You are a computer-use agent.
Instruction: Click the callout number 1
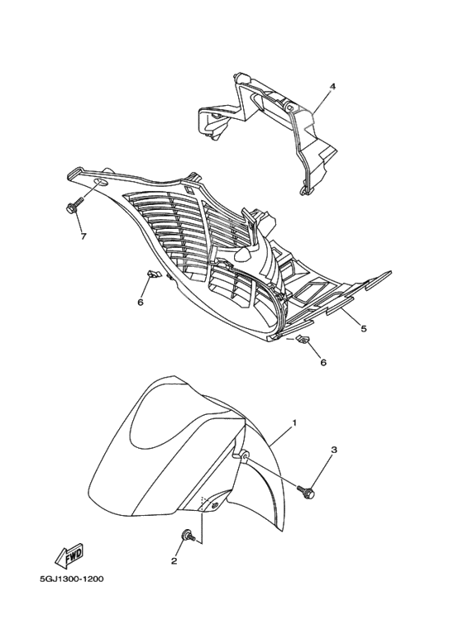(x=294, y=423)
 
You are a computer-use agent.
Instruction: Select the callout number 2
(x=174, y=561)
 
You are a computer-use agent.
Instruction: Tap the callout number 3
(x=334, y=450)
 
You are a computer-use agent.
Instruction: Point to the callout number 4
(x=332, y=87)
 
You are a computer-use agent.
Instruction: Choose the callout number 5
(x=364, y=328)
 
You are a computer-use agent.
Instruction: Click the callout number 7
(x=84, y=236)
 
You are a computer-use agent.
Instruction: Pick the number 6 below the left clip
(x=141, y=302)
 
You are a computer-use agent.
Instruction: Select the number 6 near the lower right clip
(x=323, y=362)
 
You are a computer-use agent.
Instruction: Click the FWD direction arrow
(x=69, y=555)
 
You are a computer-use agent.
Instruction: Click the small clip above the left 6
(x=151, y=274)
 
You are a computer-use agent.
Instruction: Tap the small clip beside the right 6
(x=302, y=338)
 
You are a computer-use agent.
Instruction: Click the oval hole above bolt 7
(x=101, y=182)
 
